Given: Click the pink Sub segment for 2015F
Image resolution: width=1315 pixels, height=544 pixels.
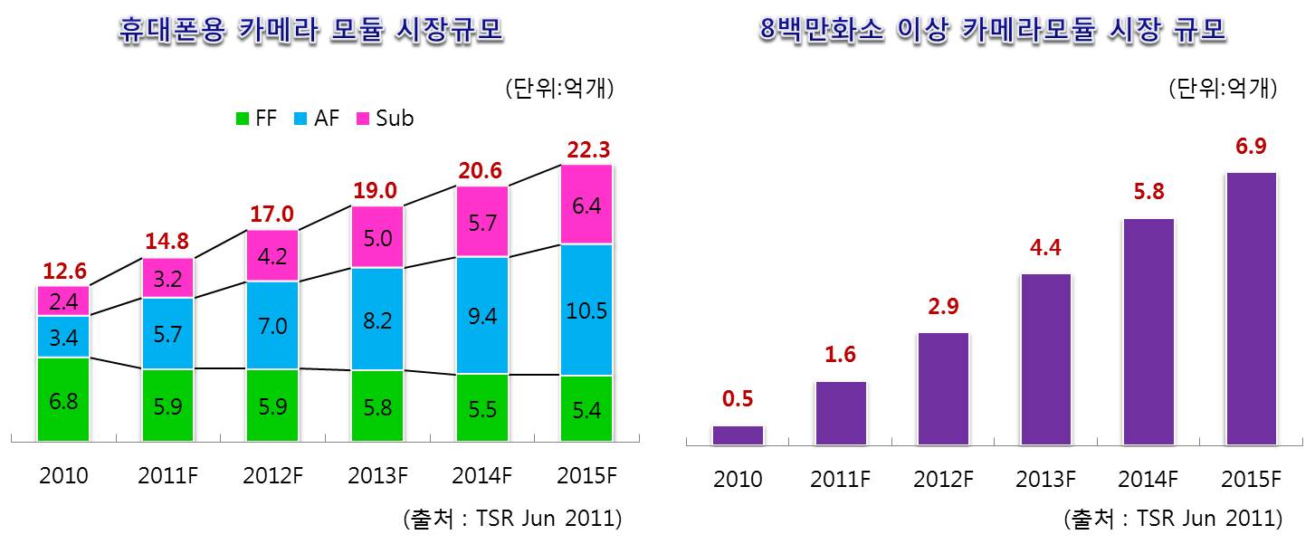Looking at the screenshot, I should click(586, 205).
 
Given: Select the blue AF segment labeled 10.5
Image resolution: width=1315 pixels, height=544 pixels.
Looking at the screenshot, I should click(586, 310).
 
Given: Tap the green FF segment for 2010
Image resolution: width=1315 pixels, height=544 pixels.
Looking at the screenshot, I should click(63, 399).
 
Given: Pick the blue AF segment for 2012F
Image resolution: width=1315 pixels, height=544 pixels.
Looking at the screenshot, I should click(272, 325).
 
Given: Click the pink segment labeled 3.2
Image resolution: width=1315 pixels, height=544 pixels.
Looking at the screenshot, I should click(167, 278).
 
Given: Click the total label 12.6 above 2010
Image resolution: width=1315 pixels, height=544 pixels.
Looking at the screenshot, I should click(63, 270).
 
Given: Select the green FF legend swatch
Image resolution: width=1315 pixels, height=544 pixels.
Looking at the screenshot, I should click(242, 119).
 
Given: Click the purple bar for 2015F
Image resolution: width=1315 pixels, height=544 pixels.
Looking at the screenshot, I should click(1251, 309).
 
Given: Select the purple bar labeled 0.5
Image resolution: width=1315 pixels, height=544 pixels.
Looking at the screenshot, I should click(738, 434).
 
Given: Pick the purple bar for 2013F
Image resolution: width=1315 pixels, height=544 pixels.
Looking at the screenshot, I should click(1045, 358).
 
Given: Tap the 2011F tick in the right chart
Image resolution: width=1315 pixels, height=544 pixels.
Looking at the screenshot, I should click(840, 479).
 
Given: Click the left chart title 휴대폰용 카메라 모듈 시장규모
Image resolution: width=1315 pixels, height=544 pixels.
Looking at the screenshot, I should click(311, 32).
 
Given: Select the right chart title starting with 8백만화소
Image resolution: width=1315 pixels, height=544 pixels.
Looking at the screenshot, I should click(992, 32).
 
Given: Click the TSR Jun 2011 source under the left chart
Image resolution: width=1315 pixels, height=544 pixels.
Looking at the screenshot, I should click(511, 519).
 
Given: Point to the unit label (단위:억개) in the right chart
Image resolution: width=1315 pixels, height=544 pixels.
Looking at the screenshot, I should click(1222, 89).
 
